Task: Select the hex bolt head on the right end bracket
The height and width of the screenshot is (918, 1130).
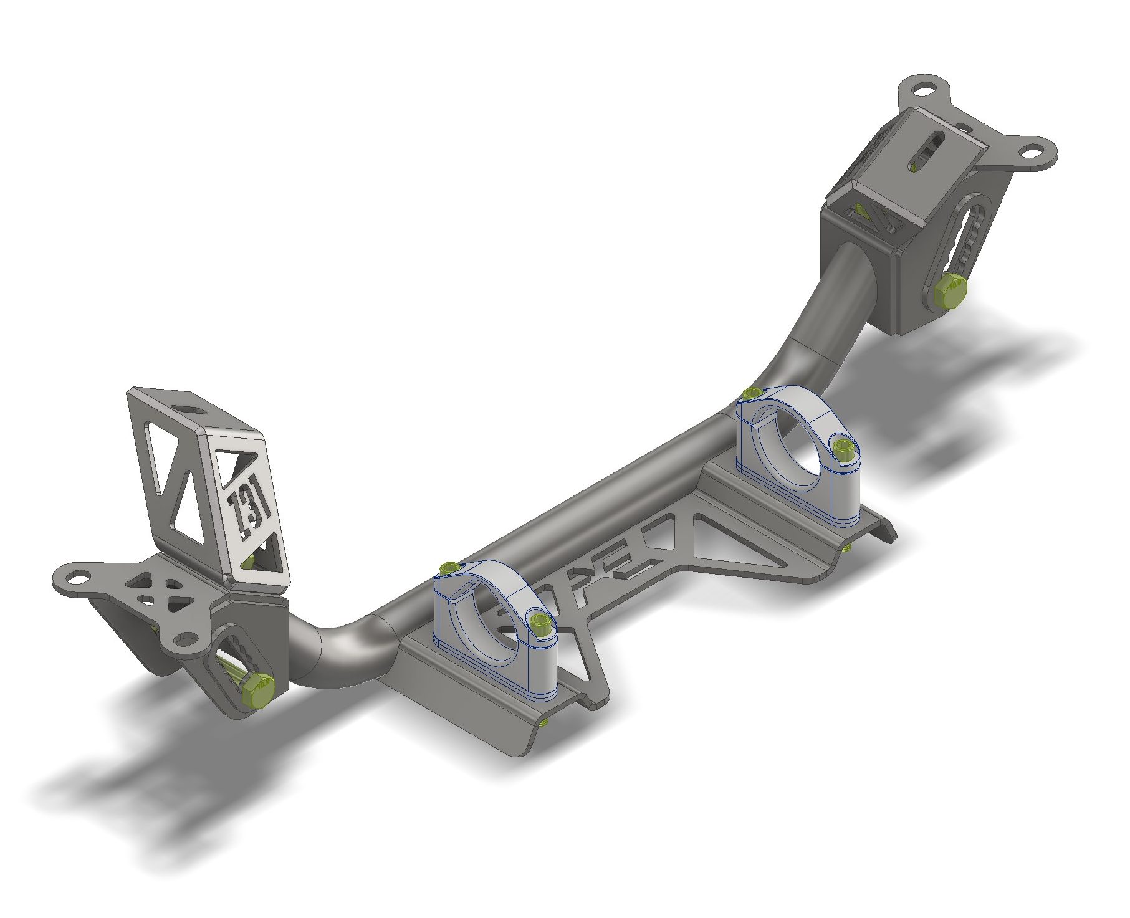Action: coord(950,291)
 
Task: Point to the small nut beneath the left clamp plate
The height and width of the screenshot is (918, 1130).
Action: coord(544,722)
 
